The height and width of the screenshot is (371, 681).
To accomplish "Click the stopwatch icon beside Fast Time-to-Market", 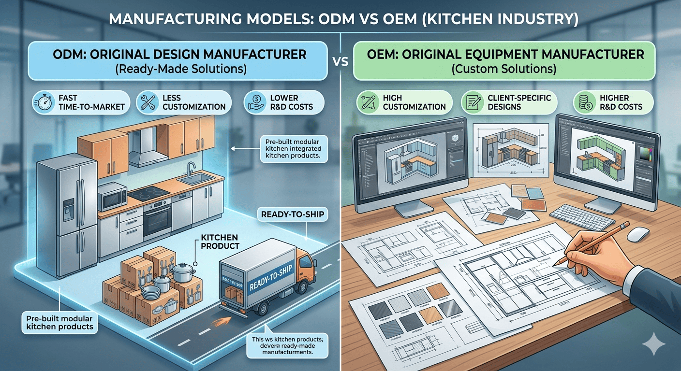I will pos(43,103).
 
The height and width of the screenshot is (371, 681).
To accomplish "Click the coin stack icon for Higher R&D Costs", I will pos(584,103).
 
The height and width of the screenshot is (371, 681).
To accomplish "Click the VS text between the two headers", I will pos(340,63).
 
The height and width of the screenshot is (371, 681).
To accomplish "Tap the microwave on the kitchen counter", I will pos(113,197).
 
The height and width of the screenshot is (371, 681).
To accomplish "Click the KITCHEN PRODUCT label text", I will pos(219,242).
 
